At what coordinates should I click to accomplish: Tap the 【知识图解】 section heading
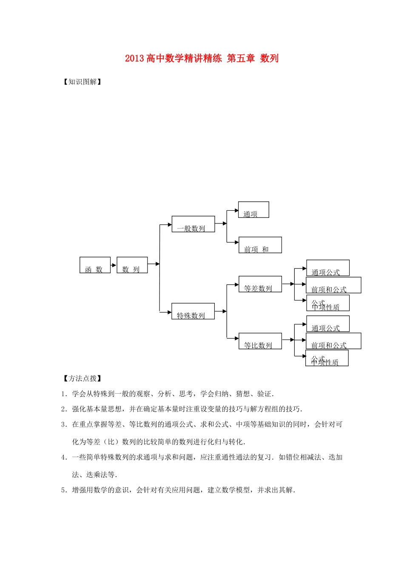pos(82,82)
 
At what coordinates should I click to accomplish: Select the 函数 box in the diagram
pos(95,265)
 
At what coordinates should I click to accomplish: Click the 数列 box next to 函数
pos(132,265)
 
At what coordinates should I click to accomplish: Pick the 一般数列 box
pos(193,224)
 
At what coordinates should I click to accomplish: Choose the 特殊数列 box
pos(193,311)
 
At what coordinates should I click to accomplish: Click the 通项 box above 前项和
pos(253,210)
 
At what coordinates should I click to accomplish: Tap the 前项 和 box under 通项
pos(260,245)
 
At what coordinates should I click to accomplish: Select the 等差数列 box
pos(260,284)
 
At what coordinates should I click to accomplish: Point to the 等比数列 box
pos(260,341)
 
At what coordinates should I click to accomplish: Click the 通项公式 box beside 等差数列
pos(327,268)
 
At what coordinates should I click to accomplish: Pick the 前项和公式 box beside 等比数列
pos(333,341)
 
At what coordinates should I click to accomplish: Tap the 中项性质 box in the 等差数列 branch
pos(327,303)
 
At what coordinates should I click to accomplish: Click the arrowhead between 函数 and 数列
pos(114,265)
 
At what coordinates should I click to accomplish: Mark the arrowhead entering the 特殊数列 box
pos(169,312)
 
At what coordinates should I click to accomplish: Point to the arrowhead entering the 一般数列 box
pos(169,225)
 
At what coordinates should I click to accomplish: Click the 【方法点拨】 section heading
pos(82,378)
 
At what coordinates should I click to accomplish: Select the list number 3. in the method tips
pos(64,424)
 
